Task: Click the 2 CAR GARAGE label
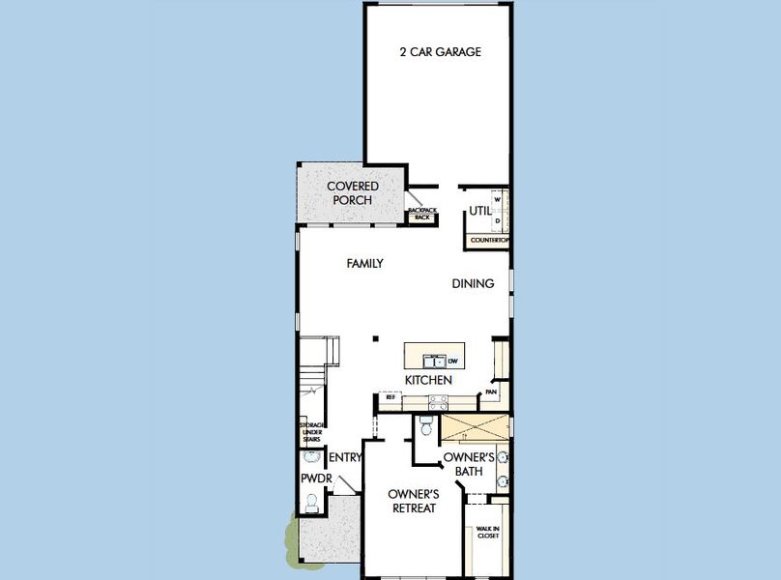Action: coord(440,52)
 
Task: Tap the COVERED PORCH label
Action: coord(352,192)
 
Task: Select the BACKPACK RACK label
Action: coord(421,214)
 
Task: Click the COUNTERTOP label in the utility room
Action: coord(489,239)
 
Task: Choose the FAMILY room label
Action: coord(365,263)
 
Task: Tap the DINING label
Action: coord(474,283)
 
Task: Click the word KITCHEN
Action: coord(428,380)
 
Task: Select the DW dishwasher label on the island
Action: coord(452,361)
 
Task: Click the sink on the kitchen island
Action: coord(434,362)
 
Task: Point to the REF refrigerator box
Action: coord(391,397)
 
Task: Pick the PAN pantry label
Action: coord(491,391)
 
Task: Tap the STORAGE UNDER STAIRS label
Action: coord(311,432)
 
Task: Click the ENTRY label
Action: coord(345,457)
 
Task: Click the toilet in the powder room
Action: coord(311,502)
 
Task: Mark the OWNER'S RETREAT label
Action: coord(414,501)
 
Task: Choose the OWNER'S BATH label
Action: coord(470,463)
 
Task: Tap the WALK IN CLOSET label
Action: coord(487,531)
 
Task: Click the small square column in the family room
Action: coord(376,338)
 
